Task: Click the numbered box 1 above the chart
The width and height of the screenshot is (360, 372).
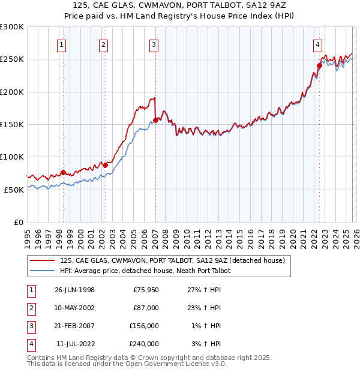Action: point(62,44)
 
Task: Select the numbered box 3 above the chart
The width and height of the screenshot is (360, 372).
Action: point(154,44)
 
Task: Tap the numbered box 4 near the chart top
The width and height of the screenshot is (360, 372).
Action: point(317,44)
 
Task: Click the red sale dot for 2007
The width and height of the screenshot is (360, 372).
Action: point(156,120)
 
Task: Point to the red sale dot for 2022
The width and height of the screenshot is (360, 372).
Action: point(319,66)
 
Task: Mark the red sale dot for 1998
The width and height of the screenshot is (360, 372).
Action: point(63,172)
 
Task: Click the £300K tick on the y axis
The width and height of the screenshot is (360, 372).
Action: point(12,27)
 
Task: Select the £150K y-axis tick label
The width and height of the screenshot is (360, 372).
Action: point(12,124)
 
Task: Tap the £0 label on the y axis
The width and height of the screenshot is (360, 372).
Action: point(19,222)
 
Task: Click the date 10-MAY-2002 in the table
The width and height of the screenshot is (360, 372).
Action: point(74,308)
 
